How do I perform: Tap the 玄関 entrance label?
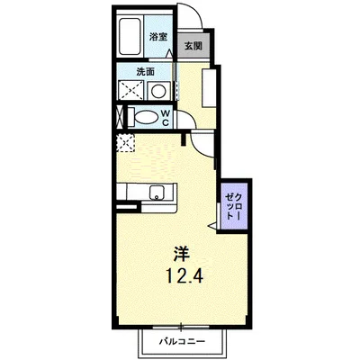coord(193,46)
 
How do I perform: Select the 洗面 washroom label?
coord(146,72)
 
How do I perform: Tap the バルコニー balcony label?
coord(184,341)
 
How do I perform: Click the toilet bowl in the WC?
coord(144,116)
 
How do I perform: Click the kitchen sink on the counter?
coord(156,192)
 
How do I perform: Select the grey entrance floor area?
coord(193,54)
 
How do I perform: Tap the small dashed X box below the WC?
coord(124,141)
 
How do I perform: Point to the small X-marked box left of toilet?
coord(120,116)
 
